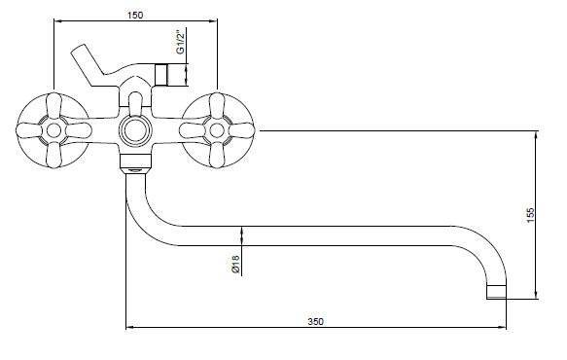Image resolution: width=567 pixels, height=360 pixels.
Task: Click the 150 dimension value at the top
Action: click(x=135, y=15)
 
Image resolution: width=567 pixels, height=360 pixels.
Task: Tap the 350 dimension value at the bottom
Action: click(x=316, y=321)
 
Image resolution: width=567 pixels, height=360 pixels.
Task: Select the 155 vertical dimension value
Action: click(x=530, y=215)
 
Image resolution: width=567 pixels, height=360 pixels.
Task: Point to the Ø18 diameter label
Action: click(x=235, y=264)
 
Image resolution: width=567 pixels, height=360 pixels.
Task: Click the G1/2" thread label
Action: click(x=181, y=43)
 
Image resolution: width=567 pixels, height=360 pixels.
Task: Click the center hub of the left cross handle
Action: click(x=53, y=130)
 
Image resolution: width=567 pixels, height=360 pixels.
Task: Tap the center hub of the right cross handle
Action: click(x=217, y=130)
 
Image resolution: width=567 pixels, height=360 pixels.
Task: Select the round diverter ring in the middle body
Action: click(x=135, y=130)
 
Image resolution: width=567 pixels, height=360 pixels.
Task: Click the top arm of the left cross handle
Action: click(x=53, y=107)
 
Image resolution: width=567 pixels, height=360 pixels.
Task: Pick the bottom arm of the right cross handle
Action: click(x=217, y=154)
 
